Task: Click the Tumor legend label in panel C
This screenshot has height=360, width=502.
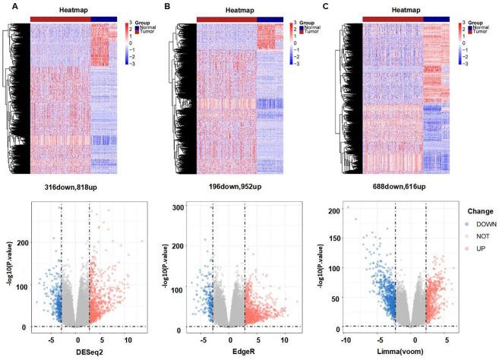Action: coord(481,33)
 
